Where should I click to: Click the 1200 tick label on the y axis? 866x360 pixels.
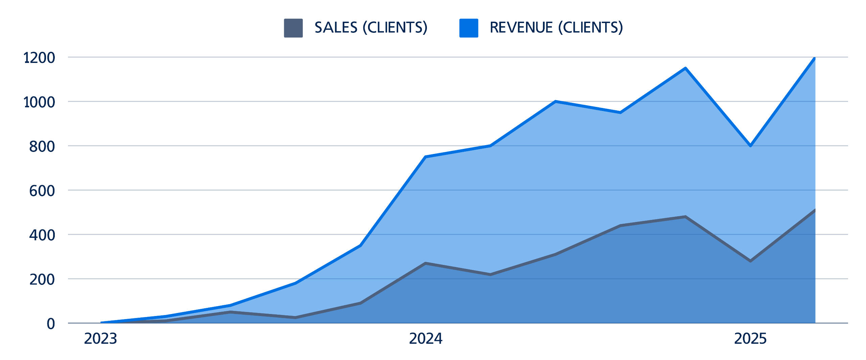(x=39, y=58)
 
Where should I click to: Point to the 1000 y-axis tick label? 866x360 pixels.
(x=39, y=102)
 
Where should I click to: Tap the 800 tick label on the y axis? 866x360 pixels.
(x=42, y=146)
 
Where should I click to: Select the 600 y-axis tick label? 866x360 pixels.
(x=42, y=190)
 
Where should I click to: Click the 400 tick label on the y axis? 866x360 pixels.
(x=42, y=235)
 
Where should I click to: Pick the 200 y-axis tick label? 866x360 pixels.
(x=42, y=279)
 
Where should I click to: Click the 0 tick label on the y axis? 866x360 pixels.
(x=51, y=323)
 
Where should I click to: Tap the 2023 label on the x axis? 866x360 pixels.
(x=100, y=338)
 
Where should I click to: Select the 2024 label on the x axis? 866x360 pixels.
(x=426, y=338)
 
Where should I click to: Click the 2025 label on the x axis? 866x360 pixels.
(x=750, y=338)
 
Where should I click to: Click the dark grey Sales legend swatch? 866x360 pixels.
(x=293, y=28)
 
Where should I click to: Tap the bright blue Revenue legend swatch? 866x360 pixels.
(x=469, y=28)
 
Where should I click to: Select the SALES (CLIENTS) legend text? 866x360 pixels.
(x=371, y=27)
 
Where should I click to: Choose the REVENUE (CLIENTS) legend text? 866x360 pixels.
(x=556, y=27)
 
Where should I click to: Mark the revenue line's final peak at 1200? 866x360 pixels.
(x=815, y=58)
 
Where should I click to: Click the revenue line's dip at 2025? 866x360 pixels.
(x=750, y=146)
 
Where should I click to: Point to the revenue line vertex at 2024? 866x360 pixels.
(x=426, y=157)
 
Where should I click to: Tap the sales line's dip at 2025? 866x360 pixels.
(x=750, y=261)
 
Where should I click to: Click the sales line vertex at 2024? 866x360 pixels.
(x=426, y=263)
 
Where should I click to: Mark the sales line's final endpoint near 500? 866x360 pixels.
(x=815, y=210)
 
